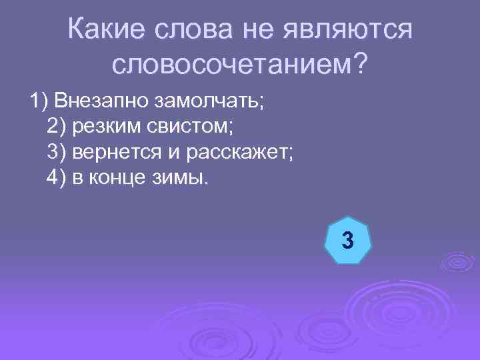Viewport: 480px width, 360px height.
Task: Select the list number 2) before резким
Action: coord(58,127)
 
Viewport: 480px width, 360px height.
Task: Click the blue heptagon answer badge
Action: coord(346,239)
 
